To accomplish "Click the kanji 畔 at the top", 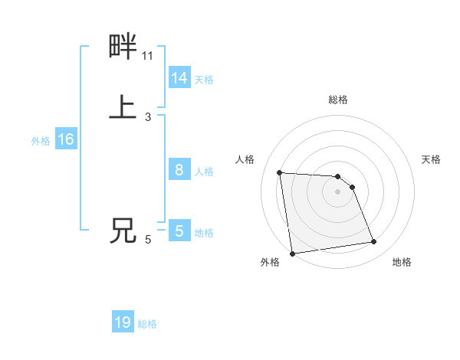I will point(123,47).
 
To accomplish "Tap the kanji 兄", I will point(123,231).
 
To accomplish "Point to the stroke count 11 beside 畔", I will point(148,56).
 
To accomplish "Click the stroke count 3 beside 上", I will point(148,117).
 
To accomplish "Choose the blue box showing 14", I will point(179,78).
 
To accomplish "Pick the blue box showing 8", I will point(179,171).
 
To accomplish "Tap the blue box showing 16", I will point(66,140).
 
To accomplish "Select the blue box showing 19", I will point(123,322).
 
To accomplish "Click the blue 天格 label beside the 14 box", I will point(204,80).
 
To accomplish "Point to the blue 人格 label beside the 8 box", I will point(204,172).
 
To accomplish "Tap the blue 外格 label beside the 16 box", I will point(41,141).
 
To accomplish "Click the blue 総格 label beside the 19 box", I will point(148,324).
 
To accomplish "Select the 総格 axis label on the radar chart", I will point(338,100).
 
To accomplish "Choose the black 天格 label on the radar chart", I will point(432,159).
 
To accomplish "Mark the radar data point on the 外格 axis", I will point(292,253).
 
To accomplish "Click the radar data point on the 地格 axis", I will point(374,242).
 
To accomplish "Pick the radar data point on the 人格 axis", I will point(280,172).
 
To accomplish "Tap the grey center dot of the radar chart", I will point(338,192).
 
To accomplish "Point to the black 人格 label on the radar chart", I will point(245,159).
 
